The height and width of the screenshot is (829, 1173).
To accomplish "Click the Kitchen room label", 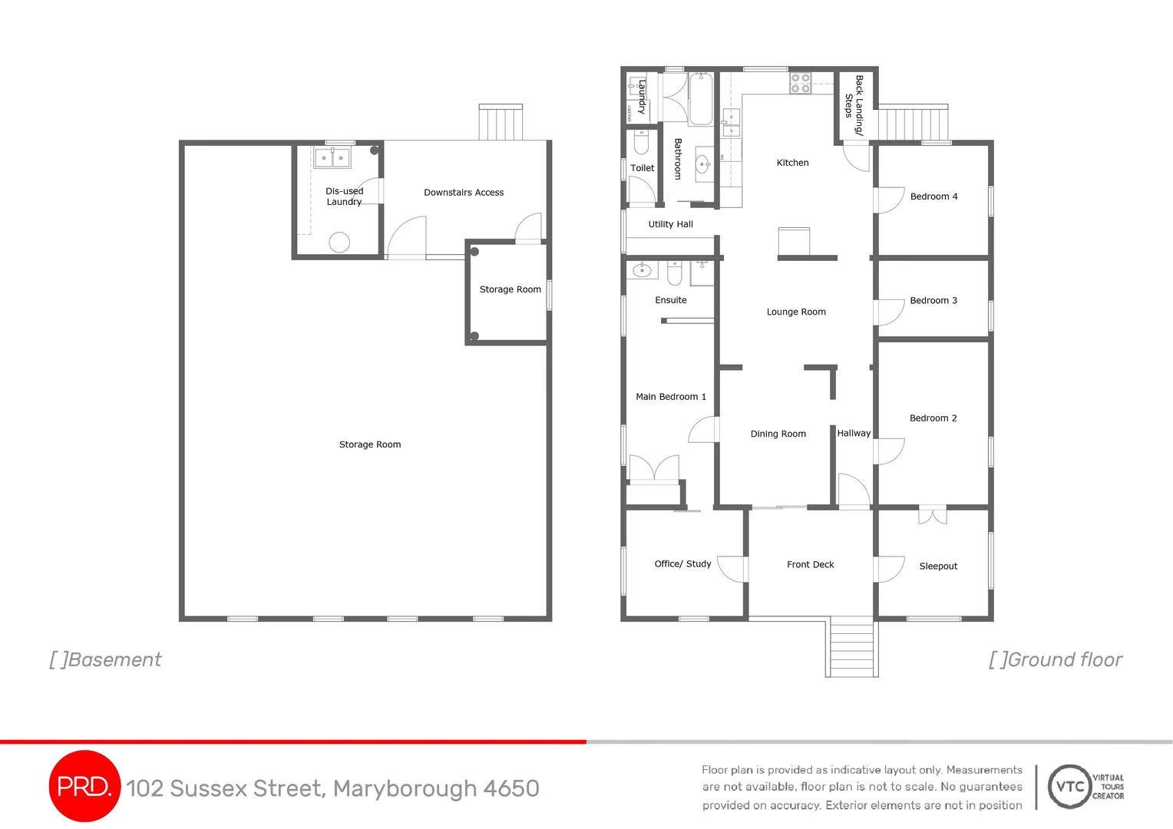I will [792, 163].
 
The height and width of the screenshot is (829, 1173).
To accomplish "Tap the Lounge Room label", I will [796, 312].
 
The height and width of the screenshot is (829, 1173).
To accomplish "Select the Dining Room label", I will [778, 434].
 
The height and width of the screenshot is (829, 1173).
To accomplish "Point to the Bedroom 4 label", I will [933, 197].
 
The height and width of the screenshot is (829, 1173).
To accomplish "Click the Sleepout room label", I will [938, 566].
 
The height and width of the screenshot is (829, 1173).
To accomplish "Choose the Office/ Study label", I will [682, 563].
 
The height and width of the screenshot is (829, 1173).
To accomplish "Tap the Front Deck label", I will [810, 564].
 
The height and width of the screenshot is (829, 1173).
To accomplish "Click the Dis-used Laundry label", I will [344, 197].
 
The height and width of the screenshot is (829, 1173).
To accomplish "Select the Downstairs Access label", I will [464, 193].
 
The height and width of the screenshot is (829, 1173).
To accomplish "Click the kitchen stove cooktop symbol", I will [800, 83].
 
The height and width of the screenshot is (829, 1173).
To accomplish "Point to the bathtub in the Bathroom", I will [700, 100].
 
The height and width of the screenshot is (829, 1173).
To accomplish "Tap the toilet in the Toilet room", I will [641, 142].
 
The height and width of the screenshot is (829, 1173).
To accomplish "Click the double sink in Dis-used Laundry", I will [332, 158].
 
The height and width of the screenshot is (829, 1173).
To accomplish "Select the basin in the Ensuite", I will [642, 270].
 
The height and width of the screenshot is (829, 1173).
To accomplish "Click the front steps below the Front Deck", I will [851, 647].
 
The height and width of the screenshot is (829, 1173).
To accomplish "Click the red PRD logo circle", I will [84, 786].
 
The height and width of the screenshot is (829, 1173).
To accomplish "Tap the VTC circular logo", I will [1069, 786].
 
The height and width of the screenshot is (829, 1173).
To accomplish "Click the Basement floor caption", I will [106, 660].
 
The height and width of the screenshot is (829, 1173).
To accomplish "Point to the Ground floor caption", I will [1056, 660].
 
